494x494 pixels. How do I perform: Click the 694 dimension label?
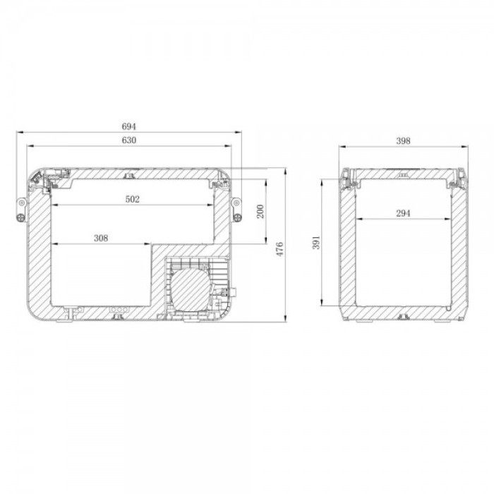click(x=129, y=126)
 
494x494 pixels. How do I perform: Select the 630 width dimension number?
click(x=129, y=140)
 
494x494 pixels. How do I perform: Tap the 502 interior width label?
click(x=133, y=199)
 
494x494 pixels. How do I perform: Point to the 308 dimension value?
click(x=101, y=239)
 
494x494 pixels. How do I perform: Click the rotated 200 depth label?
click(x=260, y=212)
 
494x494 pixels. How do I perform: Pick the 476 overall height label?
click(x=279, y=249)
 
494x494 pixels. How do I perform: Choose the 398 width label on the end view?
click(x=403, y=141)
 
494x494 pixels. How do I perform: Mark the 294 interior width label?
click(x=403, y=213)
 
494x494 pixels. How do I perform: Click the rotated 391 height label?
click(x=316, y=242)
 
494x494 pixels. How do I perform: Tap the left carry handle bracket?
click(x=21, y=210)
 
